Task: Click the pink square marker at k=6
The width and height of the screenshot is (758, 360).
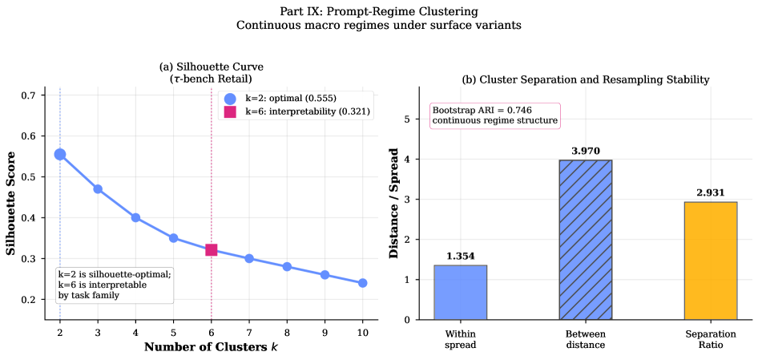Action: tap(212, 249)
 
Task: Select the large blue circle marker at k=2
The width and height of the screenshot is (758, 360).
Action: tap(60, 155)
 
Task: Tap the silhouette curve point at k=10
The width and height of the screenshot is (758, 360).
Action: tap(362, 282)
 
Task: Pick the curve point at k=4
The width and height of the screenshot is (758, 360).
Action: tap(136, 218)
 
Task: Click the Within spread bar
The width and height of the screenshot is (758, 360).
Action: tap(460, 293)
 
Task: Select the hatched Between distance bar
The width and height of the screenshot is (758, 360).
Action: tap(586, 240)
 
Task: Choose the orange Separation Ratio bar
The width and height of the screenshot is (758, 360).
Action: tap(711, 261)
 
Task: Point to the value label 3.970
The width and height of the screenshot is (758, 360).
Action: tap(586, 151)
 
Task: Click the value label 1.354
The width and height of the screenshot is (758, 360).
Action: tap(460, 257)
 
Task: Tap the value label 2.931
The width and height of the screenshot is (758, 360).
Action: tap(711, 192)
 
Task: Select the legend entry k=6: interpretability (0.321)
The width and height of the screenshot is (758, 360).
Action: tap(296, 112)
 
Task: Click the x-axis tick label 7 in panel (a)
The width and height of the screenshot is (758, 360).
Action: tap(249, 332)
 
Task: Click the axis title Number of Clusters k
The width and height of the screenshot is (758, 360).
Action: tap(211, 347)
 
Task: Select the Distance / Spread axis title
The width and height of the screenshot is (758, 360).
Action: tap(397, 203)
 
